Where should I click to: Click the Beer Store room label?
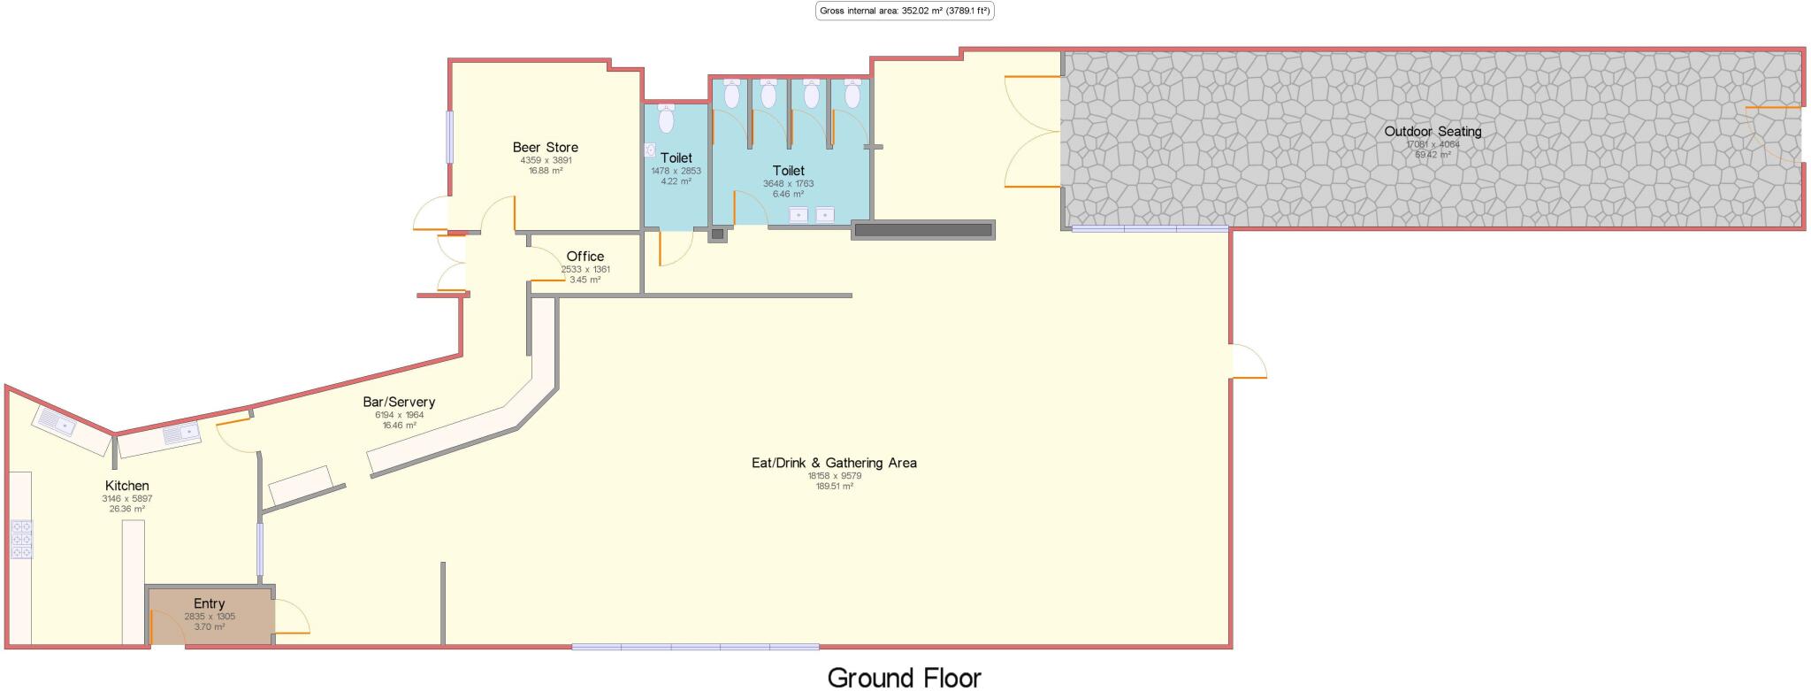pos(545,148)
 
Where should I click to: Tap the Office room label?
pos(585,257)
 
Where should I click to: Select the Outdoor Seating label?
pos(1433,132)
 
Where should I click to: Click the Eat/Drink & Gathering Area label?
pos(833,463)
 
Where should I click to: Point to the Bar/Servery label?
pos(399,402)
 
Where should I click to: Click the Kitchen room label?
pos(126,486)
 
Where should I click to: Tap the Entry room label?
pos(210,604)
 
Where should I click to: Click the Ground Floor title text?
pos(904,678)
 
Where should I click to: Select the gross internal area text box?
pos(905,11)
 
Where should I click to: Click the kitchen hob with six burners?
pos(21,539)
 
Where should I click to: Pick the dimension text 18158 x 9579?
pos(834,475)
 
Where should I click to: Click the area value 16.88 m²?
pos(545,170)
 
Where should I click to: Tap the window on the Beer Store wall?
pos(449,136)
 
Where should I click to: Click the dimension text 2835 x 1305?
pos(210,617)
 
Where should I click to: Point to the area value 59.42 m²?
pos(1433,155)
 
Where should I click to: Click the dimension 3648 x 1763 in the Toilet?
pos(788,184)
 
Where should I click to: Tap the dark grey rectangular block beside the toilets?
pos(923,230)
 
